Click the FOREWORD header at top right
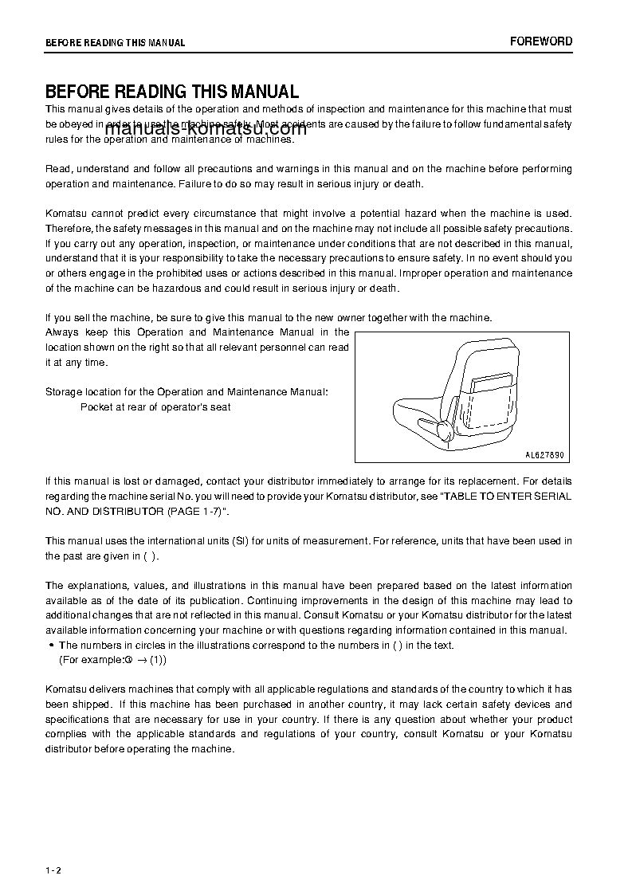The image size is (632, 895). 541,41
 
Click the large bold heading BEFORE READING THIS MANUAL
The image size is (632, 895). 171,92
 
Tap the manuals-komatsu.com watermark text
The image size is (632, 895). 206,132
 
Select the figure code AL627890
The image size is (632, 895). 544,455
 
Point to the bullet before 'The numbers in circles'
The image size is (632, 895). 51,646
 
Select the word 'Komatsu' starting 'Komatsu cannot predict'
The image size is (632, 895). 63,214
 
